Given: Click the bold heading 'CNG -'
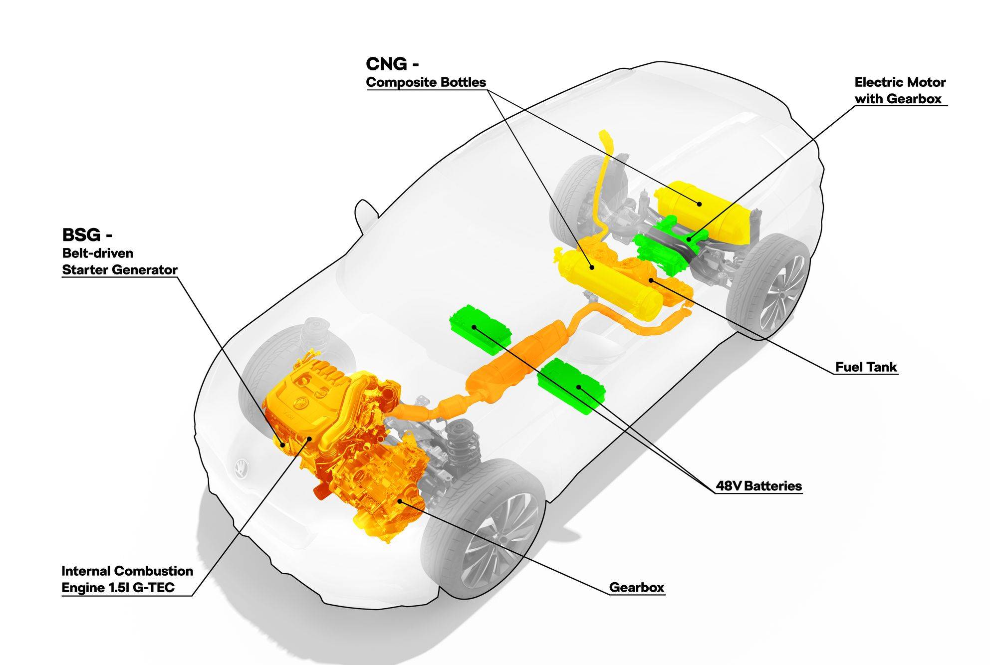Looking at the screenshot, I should point(392,64).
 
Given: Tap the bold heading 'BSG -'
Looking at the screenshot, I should point(87,234).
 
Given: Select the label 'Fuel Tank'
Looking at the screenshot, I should point(866,367).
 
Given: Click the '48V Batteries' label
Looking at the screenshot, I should point(758,485).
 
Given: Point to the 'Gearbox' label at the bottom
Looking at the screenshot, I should point(637,587).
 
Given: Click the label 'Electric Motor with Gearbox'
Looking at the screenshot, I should point(900,90).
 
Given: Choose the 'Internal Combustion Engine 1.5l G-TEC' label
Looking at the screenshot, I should point(127,579).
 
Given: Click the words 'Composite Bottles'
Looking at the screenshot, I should point(426,82).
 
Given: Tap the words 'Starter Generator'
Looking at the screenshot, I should point(120,270).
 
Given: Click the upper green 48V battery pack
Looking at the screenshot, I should point(480,325).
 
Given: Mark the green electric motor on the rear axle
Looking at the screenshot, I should point(664,247).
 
